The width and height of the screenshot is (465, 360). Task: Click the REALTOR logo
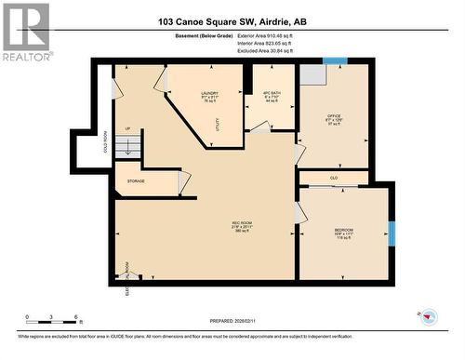pos(25,32)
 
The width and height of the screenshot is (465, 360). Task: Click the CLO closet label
pos(334,177)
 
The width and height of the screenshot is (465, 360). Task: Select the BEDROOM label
pos(344,231)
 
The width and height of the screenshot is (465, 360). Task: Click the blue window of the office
pos(334,62)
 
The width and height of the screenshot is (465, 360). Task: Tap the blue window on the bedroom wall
pos(392,232)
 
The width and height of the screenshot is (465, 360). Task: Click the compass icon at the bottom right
pos(427,315)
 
